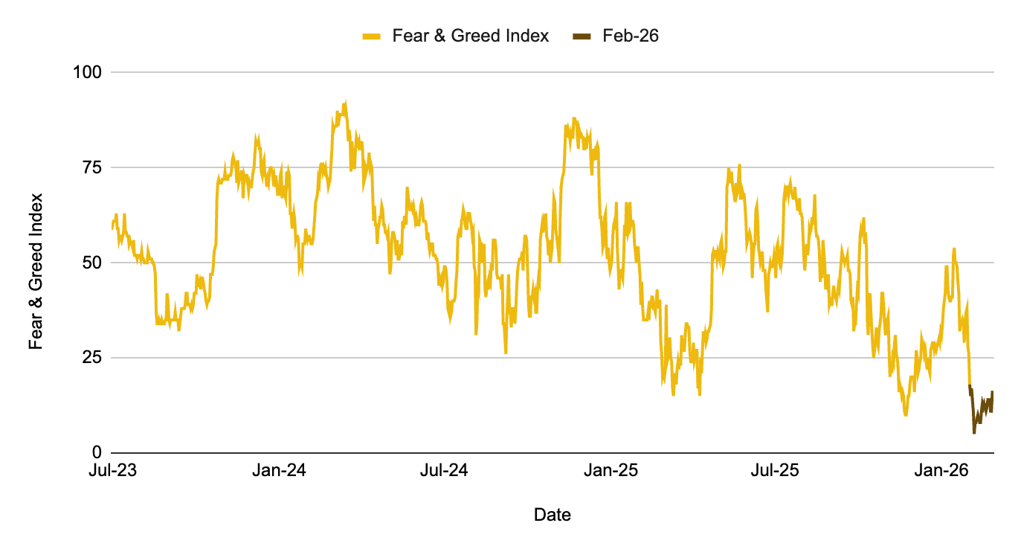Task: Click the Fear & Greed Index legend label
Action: pyautogui.click(x=470, y=36)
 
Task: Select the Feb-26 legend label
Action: pyautogui.click(x=631, y=36)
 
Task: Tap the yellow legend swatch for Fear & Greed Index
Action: pyautogui.click(x=372, y=36)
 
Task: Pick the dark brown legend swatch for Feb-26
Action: pyautogui.click(x=582, y=36)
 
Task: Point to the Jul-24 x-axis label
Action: pyautogui.click(x=444, y=471)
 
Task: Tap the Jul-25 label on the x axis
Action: pyautogui.click(x=776, y=471)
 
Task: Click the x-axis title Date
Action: pyautogui.click(x=553, y=515)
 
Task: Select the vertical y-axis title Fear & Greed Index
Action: pyautogui.click(x=36, y=272)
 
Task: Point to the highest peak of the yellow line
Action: pyautogui.click(x=345, y=103)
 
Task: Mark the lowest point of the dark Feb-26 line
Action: pyautogui.click(x=974, y=432)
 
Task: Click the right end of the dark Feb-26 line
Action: pyautogui.click(x=993, y=392)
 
